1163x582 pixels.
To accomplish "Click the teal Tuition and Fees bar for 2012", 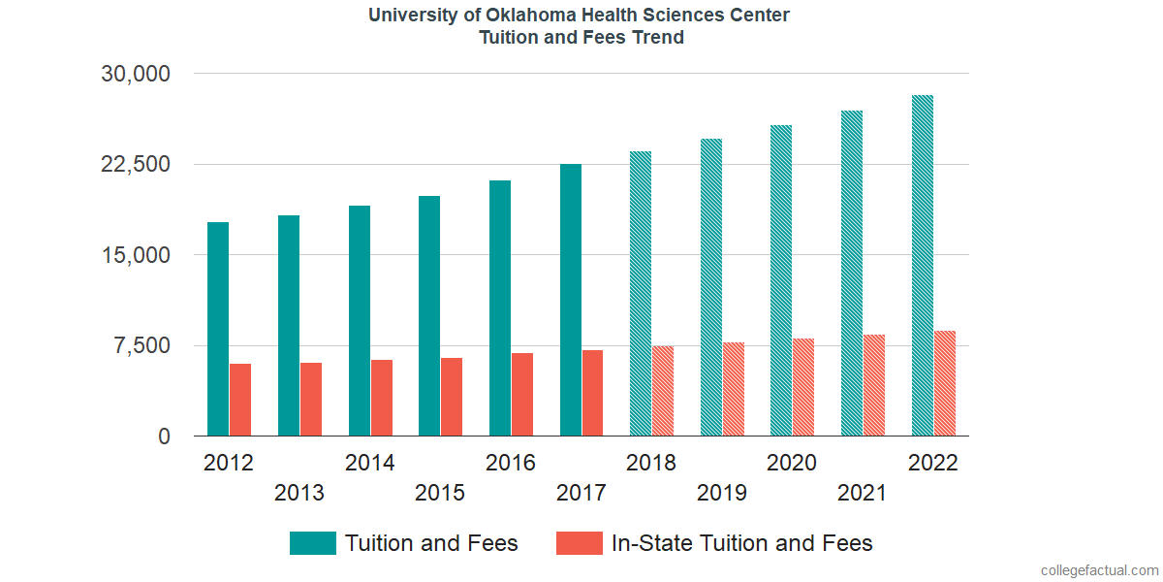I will pyautogui.click(x=218, y=330).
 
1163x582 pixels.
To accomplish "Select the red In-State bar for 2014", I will pyautogui.click(x=382, y=398).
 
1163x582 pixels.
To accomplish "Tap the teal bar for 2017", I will pyautogui.click(x=571, y=301).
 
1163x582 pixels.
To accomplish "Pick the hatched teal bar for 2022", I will pyautogui.click(x=923, y=266).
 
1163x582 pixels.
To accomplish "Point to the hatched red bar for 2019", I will pyautogui.click(x=733, y=389).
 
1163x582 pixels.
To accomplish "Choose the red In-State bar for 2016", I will pyautogui.click(x=522, y=395).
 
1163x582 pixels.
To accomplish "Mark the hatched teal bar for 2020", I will pyautogui.click(x=781, y=281).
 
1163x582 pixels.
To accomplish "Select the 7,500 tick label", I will pyautogui.click(x=143, y=346).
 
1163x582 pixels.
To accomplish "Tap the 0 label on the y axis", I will pyautogui.click(x=165, y=436).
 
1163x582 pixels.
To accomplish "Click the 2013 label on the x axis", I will pyautogui.click(x=299, y=493).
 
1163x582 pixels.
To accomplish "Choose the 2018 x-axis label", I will pyautogui.click(x=651, y=463).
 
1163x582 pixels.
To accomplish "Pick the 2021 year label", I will pyautogui.click(x=863, y=493).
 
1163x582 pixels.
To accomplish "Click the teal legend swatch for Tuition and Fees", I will pyautogui.click(x=312, y=543).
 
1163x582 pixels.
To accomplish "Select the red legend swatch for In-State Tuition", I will pyautogui.click(x=579, y=543).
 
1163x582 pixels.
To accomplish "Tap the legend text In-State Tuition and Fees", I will pyautogui.click(x=741, y=543).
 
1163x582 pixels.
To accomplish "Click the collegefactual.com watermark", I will pyautogui.click(x=1098, y=570).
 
